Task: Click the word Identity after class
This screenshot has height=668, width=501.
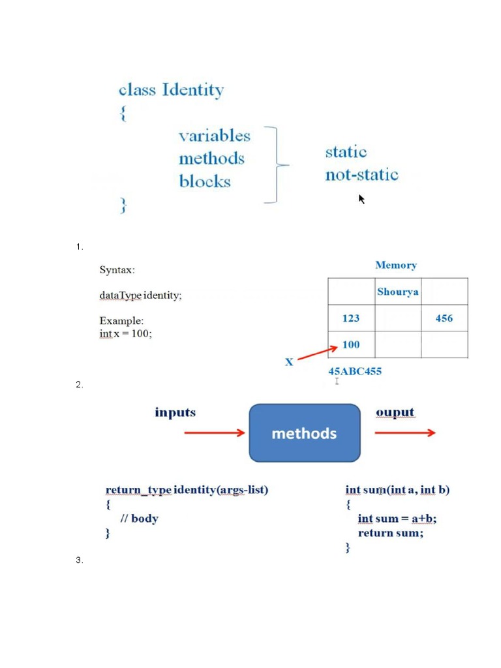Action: (193, 89)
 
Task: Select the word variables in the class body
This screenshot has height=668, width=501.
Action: (215, 136)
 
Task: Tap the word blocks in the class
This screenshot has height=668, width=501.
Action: (205, 181)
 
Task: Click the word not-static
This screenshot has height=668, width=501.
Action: (361, 175)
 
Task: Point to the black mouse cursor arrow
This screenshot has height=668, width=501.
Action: (361, 198)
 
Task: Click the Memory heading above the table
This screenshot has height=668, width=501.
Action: (396, 265)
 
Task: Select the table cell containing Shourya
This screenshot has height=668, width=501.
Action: (397, 292)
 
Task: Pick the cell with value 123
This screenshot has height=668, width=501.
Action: (351, 318)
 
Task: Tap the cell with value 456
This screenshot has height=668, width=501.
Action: (444, 318)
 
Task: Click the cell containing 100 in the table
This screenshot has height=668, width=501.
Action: (351, 344)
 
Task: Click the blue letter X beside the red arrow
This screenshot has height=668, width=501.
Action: (289, 361)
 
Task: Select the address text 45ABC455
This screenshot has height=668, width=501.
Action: (355, 371)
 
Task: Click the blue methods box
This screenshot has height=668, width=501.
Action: (305, 433)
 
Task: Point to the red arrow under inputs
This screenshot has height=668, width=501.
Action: (215, 433)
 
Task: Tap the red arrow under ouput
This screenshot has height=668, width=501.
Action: (405, 433)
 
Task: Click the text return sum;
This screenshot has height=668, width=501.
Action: (390, 533)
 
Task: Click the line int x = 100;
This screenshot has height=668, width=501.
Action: (125, 334)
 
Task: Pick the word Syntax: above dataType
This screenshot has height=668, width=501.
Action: (117, 269)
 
